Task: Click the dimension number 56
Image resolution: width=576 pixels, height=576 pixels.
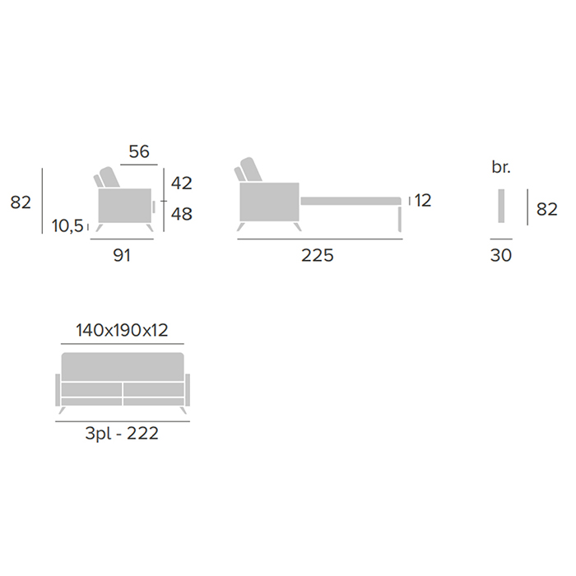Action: click(139, 151)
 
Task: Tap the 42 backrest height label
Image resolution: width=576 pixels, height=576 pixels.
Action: click(182, 183)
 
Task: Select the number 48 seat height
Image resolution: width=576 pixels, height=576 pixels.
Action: click(182, 214)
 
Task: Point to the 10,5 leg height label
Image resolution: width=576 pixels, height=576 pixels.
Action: click(67, 226)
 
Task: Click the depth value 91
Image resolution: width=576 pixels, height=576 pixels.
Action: click(122, 255)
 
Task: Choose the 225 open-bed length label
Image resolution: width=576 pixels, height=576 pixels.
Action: click(318, 255)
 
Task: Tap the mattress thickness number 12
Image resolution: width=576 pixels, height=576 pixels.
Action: click(423, 201)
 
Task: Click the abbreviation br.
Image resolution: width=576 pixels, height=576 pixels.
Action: click(501, 167)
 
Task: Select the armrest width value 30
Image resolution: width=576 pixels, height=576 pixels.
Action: click(501, 255)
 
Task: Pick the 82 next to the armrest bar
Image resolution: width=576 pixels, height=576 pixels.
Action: click(547, 209)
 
